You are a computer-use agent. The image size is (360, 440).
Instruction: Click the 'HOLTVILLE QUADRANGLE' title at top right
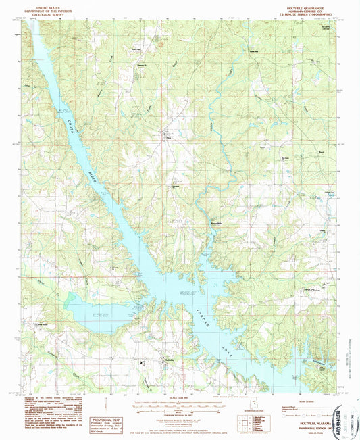tap(296, 5)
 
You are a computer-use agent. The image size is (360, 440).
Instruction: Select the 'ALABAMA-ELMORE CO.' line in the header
tap(296, 9)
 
